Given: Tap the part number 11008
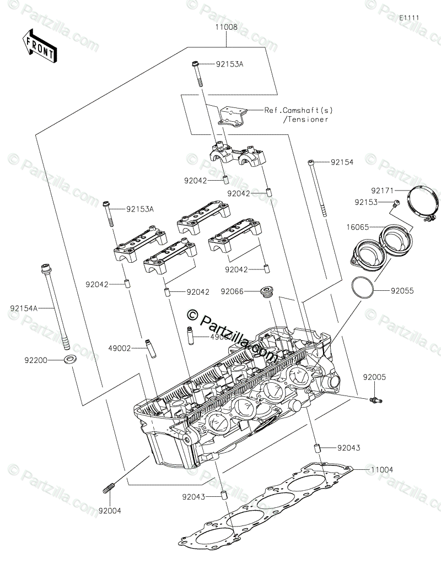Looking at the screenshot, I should [226, 26].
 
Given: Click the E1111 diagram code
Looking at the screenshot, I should [410, 18].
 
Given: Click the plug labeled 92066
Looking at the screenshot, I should [267, 291].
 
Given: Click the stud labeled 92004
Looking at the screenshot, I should [108, 487].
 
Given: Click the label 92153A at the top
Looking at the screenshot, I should [229, 64].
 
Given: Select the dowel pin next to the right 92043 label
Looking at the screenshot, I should [318, 447].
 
